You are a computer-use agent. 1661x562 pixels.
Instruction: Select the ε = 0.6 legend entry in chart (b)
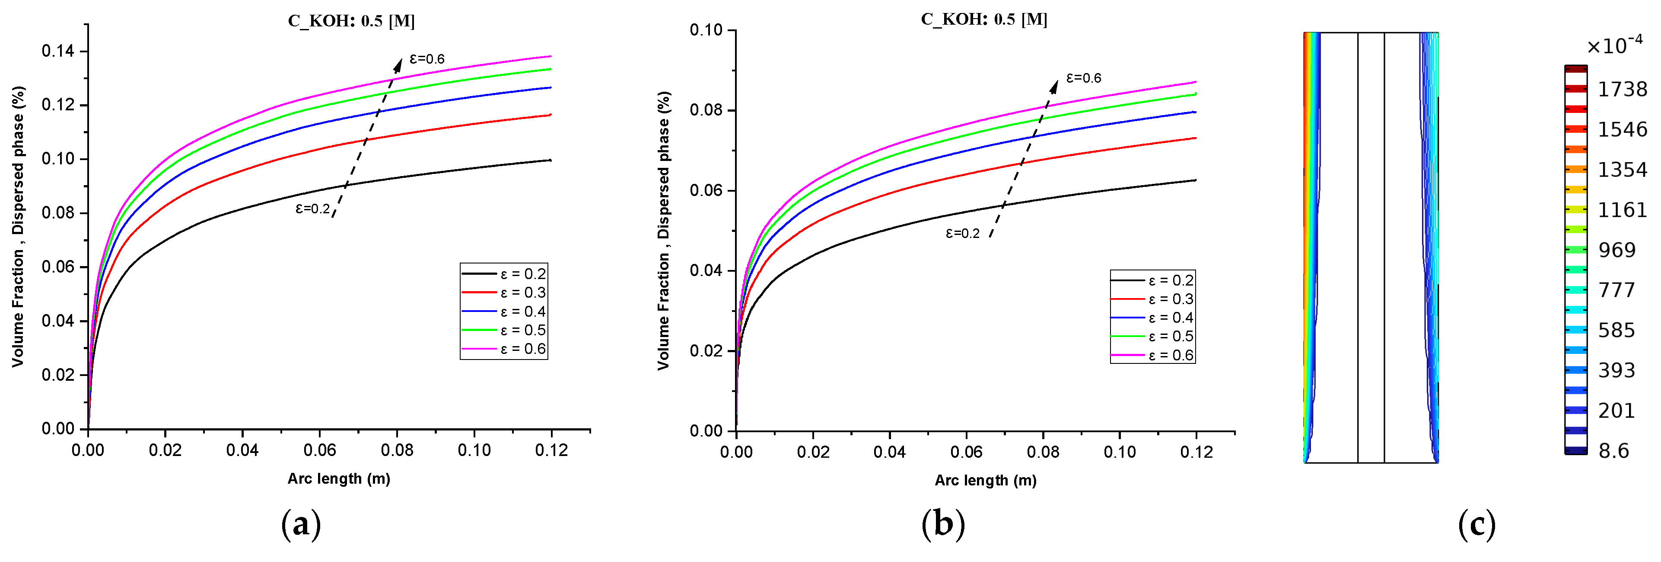click(1152, 356)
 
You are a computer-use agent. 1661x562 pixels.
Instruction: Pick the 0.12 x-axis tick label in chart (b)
click(1196, 452)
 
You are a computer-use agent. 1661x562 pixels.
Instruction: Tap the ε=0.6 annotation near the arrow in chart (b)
click(1083, 78)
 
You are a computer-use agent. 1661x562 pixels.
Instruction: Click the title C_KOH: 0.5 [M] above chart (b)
click(983, 19)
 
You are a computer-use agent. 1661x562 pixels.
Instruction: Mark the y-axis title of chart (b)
click(664, 230)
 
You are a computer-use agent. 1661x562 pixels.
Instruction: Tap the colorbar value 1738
click(1622, 90)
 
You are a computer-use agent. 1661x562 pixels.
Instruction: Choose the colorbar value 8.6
click(1614, 451)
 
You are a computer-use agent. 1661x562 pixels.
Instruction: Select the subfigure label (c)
click(1476, 524)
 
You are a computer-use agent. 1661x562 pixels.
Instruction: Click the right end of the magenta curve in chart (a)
click(550, 56)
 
